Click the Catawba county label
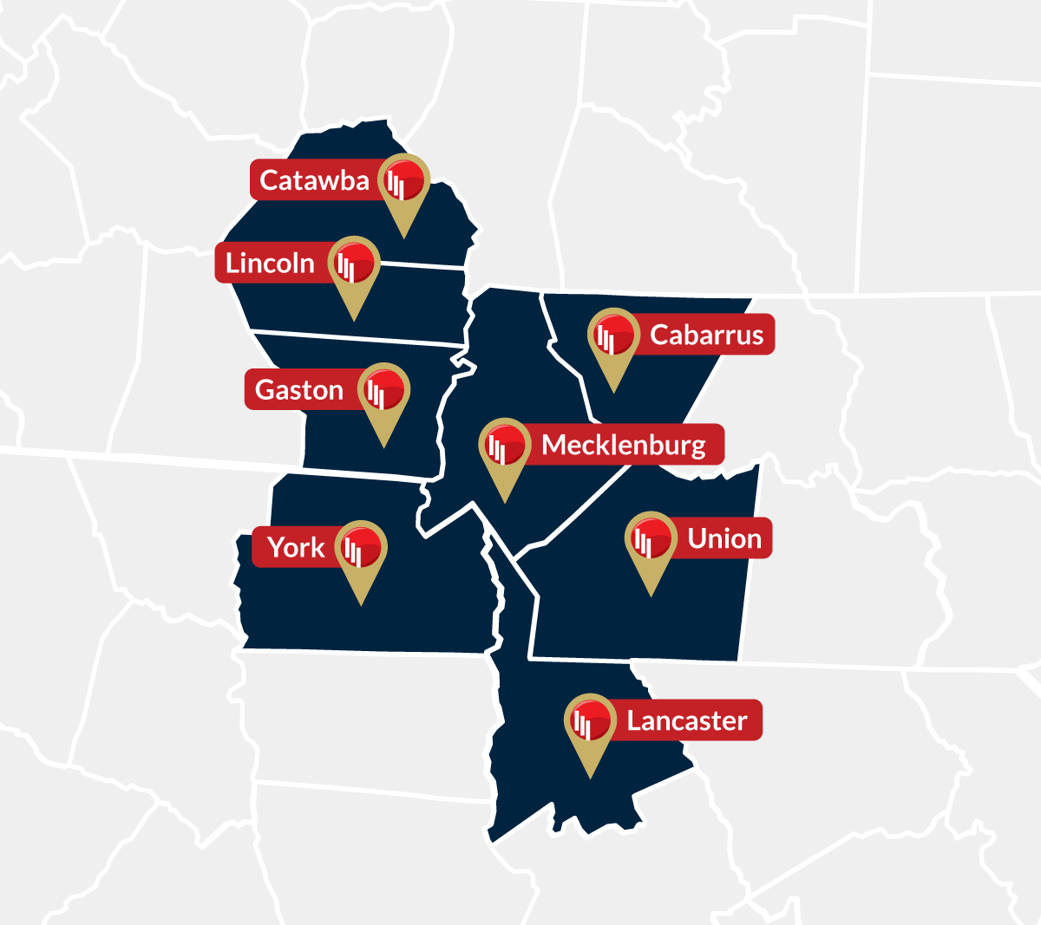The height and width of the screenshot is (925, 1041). (314, 180)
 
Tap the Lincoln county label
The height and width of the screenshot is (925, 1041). (270, 263)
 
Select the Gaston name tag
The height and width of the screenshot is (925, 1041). (299, 390)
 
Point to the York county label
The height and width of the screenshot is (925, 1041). (296, 548)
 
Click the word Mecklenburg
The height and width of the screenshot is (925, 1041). (624, 445)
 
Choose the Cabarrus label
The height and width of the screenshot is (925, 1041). (707, 335)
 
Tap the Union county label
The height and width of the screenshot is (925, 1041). (724, 538)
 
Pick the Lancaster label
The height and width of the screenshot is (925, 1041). (687, 720)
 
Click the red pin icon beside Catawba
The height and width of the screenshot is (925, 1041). (404, 180)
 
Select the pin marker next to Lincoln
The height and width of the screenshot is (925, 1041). (355, 263)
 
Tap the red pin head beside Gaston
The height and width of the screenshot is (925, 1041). (384, 389)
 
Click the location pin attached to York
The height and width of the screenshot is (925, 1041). (361, 547)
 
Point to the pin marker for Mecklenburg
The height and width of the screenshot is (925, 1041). (504, 445)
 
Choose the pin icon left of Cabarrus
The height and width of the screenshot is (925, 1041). (613, 335)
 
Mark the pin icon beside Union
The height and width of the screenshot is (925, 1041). (651, 538)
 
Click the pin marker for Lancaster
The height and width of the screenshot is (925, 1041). (590, 720)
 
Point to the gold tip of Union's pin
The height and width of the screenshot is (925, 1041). (651, 594)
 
